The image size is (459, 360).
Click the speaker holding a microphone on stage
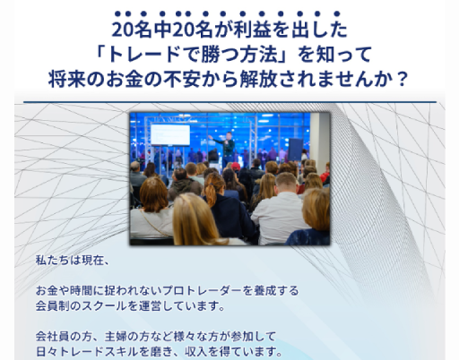click(x=227, y=149)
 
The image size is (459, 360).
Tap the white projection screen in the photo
click(x=170, y=135)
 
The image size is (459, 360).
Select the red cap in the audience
click(x=236, y=166)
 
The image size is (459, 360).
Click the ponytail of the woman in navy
click(x=211, y=194)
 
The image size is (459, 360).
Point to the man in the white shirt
click(x=280, y=209)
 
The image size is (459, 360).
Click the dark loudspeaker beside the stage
click(x=295, y=150)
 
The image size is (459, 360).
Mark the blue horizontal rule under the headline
click(x=229, y=102)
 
